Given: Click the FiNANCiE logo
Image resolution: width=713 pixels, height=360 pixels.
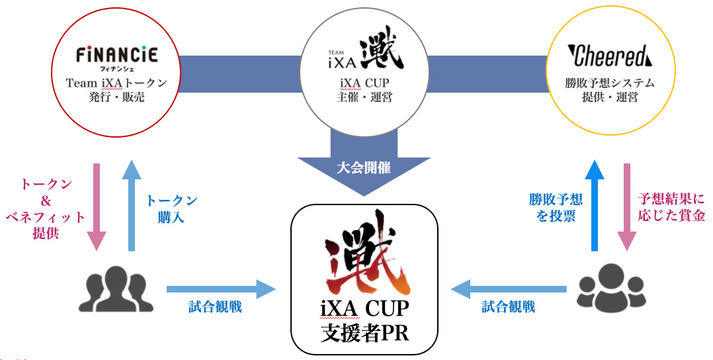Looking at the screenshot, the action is click(116, 56).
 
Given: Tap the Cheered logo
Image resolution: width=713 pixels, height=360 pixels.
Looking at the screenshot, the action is click(610, 56).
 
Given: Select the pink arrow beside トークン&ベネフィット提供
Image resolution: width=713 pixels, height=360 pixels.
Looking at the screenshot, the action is click(97, 207).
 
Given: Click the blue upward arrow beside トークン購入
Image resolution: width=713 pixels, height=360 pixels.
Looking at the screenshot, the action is click(132, 205).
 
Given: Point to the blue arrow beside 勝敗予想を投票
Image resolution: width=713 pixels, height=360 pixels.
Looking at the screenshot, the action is click(594, 205).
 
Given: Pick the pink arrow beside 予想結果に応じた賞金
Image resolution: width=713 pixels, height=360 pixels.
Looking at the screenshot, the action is click(627, 207).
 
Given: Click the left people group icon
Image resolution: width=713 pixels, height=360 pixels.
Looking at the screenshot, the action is click(116, 289).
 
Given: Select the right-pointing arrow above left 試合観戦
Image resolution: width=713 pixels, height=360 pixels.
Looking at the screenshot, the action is click(222, 289).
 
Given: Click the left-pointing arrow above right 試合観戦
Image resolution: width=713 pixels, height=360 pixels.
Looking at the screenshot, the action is click(509, 289).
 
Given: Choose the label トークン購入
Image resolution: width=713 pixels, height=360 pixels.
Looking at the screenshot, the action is click(171, 209).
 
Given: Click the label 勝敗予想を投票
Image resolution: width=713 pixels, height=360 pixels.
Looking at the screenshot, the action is click(556, 207).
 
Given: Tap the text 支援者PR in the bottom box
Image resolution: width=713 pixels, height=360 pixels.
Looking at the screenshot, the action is click(364, 334).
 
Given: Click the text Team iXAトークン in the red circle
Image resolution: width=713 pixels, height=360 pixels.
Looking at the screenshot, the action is click(116, 83).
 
